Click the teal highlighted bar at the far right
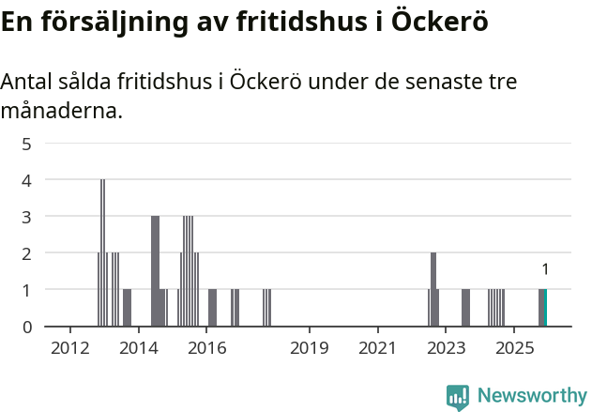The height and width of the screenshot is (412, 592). tap(545, 308)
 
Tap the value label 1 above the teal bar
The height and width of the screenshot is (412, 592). tap(545, 269)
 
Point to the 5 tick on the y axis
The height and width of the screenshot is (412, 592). tap(27, 144)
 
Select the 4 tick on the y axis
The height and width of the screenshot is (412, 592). tap(27, 180)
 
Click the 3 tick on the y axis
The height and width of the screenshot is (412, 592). tap(27, 217)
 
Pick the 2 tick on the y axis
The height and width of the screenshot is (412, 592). tap(27, 253)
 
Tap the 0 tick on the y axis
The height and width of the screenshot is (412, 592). tap(27, 327)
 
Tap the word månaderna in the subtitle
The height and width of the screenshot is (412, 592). tap(61, 112)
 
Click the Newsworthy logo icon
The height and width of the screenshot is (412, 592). tap(458, 396)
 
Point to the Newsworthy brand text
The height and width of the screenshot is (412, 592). tap(531, 396)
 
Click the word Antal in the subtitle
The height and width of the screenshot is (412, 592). tap(26, 83)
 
